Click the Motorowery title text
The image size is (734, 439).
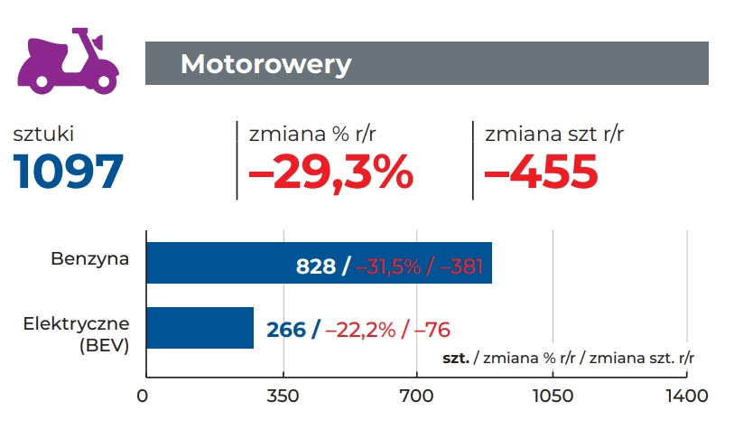[x=265, y=64]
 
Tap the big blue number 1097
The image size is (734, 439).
[x=69, y=171]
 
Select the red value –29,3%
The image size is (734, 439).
[x=330, y=171]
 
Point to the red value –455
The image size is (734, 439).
[x=542, y=171]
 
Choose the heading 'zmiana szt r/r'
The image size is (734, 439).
[x=553, y=135]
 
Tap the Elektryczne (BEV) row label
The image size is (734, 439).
[x=89, y=333]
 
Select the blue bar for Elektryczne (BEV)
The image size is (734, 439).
[x=199, y=328]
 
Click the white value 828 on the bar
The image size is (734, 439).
[x=316, y=266]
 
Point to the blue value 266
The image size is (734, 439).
[x=286, y=330]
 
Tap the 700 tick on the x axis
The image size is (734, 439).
[x=416, y=396]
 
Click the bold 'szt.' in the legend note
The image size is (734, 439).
[x=456, y=358]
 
